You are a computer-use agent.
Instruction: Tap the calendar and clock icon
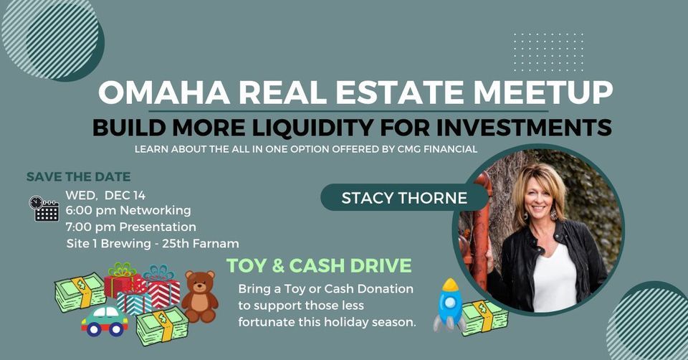44,209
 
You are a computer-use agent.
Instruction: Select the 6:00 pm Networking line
128,211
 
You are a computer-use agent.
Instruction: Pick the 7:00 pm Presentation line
130,227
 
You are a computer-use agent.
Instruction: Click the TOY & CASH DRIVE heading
309,265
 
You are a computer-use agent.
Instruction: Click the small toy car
105,321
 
